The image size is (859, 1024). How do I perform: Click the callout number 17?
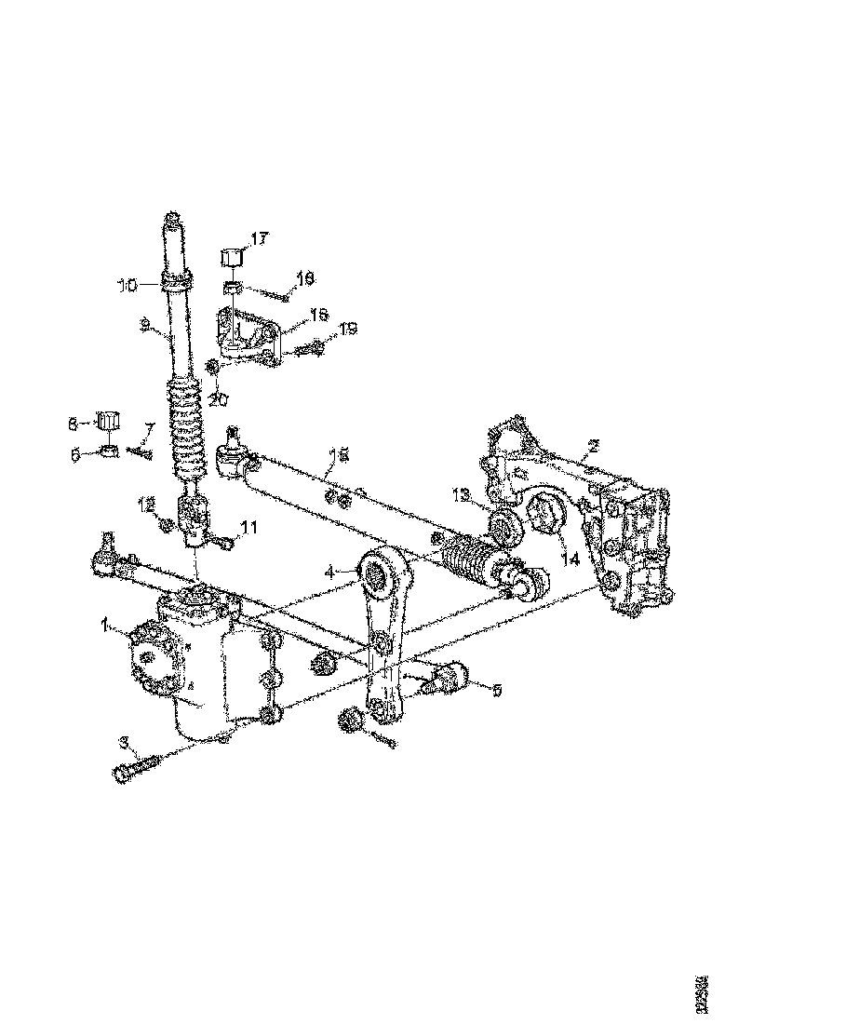point(258,239)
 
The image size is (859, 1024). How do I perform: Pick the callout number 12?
point(146,504)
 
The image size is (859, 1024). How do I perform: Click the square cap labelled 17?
point(233,255)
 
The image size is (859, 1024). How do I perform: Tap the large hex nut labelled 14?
point(546,514)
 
